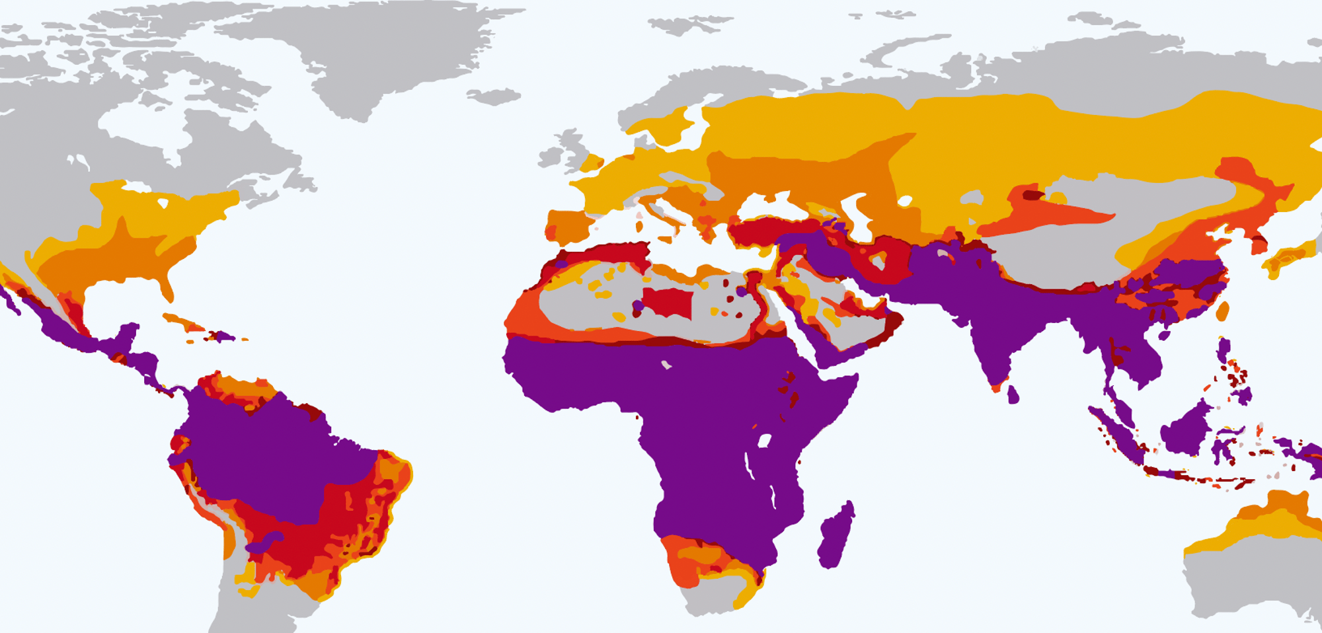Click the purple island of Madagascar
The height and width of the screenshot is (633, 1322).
point(836,535)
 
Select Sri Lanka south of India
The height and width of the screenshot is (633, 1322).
point(1013,395)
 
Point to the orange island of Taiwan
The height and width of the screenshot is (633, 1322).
point(1223,311)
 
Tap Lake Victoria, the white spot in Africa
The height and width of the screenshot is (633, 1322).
point(765,440)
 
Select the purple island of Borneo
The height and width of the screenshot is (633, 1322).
point(1186,429)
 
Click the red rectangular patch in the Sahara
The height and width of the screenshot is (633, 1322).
point(668,303)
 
